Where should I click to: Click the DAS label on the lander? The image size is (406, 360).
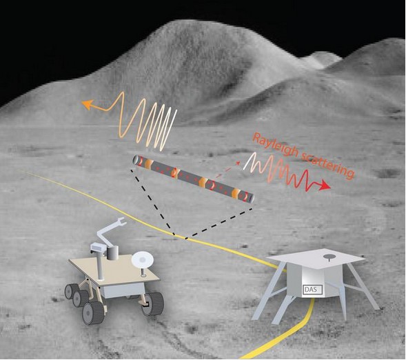(x=313, y=290)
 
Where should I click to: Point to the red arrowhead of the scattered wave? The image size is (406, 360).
(x=325, y=186)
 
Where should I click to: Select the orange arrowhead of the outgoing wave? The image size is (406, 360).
(x=88, y=104)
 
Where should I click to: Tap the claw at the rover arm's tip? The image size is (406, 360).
(x=121, y=221)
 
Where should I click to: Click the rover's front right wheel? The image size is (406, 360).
(x=153, y=304)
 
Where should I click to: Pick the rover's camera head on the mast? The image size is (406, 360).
(x=98, y=247)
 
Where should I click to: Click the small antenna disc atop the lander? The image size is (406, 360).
(x=329, y=257)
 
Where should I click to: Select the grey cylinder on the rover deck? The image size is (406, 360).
(x=112, y=253)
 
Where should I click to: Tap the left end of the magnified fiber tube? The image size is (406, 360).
(x=136, y=159)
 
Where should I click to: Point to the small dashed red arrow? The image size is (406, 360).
(x=228, y=170)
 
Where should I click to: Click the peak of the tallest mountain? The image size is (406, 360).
(x=179, y=21)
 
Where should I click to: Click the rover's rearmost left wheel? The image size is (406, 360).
(x=72, y=291)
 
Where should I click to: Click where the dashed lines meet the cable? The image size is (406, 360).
(x=180, y=237)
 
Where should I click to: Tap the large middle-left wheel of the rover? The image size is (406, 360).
(x=93, y=312)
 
